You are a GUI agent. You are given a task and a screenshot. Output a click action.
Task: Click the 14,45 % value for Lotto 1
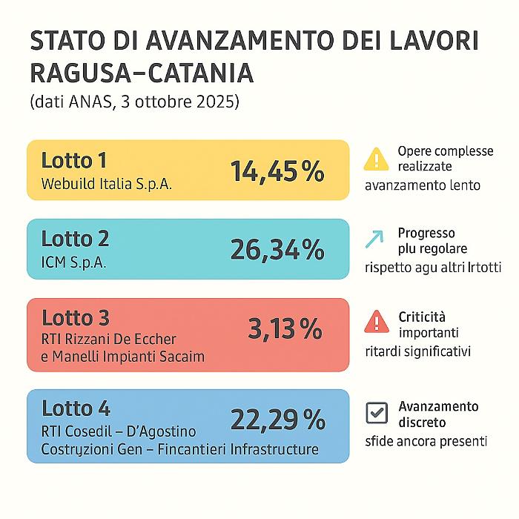click(277, 171)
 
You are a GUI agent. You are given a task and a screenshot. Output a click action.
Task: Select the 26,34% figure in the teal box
click(277, 250)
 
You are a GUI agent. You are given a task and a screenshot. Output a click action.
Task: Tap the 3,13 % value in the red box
click(285, 328)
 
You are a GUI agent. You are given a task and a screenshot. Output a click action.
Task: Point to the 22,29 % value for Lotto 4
click(277, 420)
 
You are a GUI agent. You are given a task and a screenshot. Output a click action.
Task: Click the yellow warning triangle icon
click(377, 158)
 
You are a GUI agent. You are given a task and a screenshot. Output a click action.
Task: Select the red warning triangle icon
click(377, 321)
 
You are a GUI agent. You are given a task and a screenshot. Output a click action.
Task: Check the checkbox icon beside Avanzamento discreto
click(377, 413)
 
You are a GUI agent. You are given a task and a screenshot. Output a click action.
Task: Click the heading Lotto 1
click(74, 160)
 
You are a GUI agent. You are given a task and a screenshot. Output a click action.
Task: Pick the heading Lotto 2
click(75, 239)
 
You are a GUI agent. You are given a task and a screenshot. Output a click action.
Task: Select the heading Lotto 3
click(75, 317)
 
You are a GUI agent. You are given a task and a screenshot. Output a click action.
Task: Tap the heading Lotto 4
click(76, 408)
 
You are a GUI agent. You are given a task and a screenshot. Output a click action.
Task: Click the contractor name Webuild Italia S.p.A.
click(107, 184)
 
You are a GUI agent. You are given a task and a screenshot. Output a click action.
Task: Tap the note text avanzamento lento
click(423, 185)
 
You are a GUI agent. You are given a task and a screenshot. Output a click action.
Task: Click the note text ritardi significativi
click(418, 350)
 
